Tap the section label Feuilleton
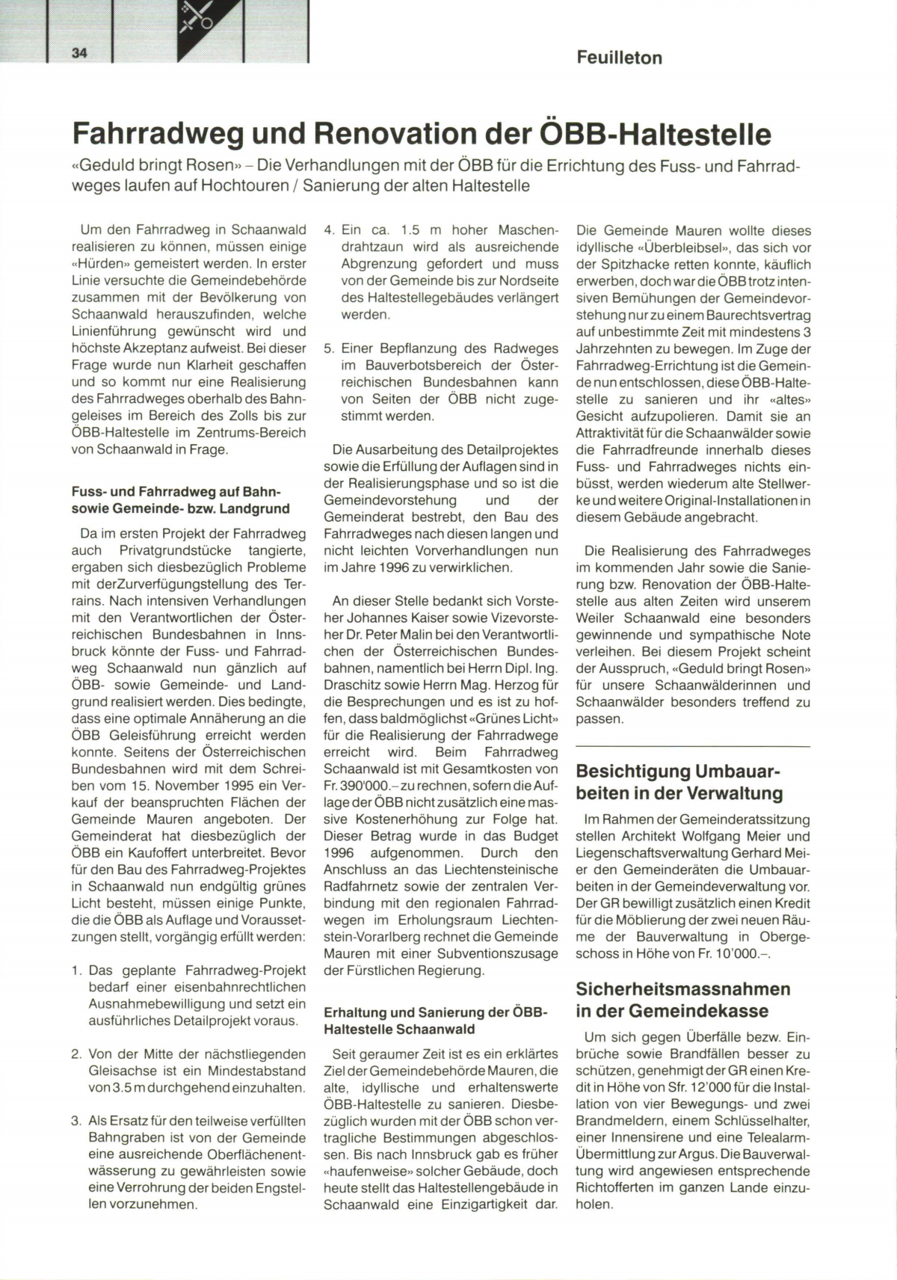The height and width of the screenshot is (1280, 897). (x=619, y=58)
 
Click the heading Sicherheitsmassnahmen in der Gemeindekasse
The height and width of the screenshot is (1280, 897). (x=682, y=1000)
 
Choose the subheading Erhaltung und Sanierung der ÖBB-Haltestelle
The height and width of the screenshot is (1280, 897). (x=435, y=1021)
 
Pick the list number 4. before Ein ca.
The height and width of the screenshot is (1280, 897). (x=329, y=230)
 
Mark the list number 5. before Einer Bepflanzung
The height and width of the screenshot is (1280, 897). (x=329, y=348)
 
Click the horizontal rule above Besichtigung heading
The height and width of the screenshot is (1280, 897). (x=693, y=746)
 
